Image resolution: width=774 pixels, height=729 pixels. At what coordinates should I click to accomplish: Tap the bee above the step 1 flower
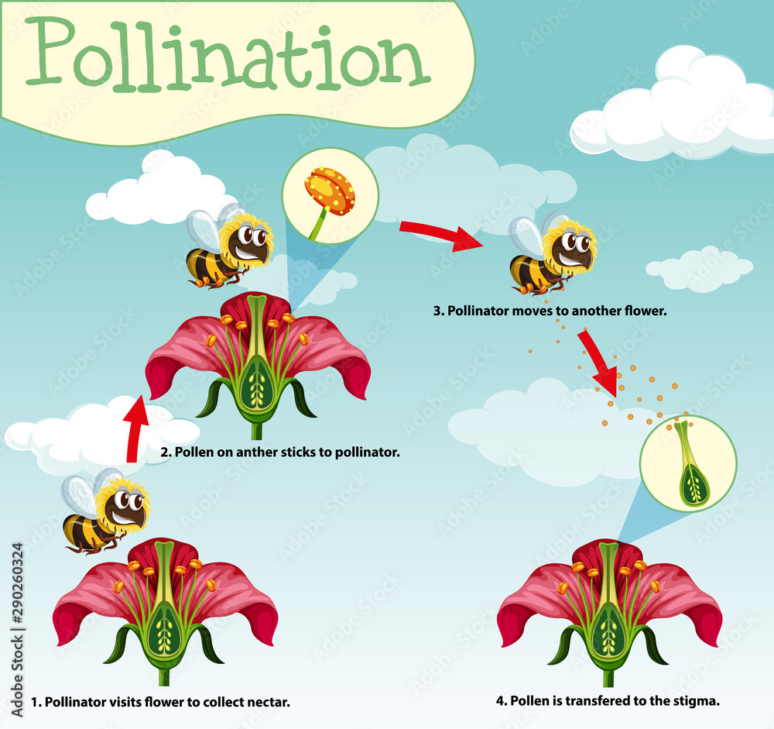tap(106, 512)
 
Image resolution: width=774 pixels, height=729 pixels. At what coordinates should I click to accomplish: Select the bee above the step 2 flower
tap(229, 247)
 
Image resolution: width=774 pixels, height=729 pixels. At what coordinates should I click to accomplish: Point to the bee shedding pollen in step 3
tap(552, 255)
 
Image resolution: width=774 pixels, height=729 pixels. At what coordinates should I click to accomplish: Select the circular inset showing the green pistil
tap(687, 463)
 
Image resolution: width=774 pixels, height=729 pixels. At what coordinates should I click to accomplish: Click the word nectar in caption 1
tap(267, 703)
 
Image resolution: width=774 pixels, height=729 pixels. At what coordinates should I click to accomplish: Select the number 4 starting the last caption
tap(499, 701)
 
